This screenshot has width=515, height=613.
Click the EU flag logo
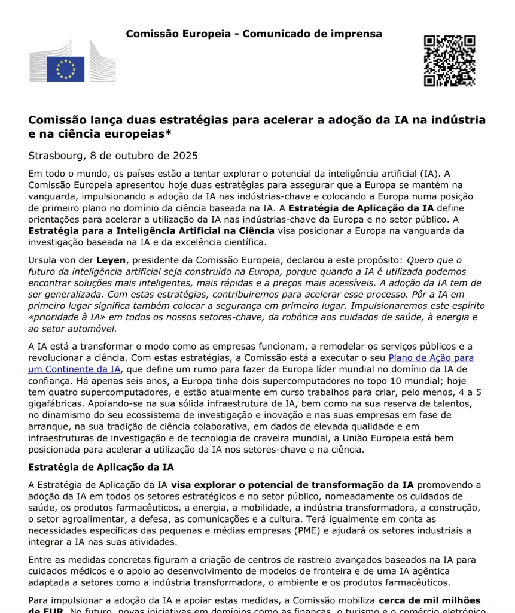point(66,69)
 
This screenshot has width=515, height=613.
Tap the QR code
point(449,60)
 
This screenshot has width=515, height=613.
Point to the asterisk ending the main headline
point(169,133)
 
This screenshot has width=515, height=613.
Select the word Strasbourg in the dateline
point(56,156)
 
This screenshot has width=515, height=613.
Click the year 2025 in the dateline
point(185,156)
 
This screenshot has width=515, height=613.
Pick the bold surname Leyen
point(111,260)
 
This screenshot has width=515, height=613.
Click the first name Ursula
point(44,260)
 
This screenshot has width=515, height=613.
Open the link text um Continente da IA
point(74,369)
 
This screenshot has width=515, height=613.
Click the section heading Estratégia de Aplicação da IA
point(101,467)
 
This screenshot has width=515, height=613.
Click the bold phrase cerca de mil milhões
point(429,600)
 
